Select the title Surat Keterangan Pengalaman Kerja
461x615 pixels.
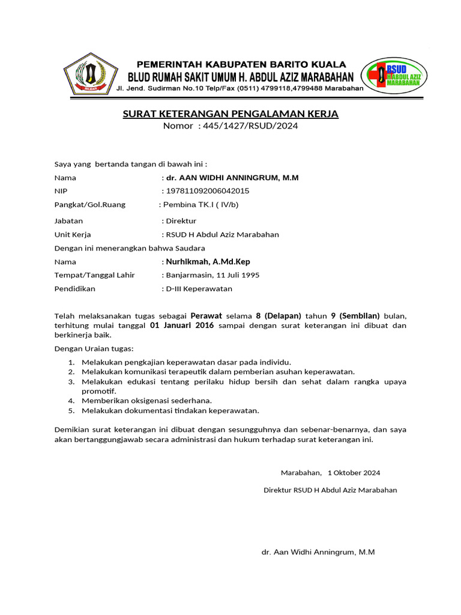coord(230,114)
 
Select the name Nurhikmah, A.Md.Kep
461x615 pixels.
coord(208,262)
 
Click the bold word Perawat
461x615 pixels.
coord(206,315)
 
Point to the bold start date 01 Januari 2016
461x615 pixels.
coord(182,326)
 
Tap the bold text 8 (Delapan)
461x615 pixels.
coord(279,315)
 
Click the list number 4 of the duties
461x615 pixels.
coord(70,401)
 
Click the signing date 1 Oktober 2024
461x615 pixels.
coord(354,473)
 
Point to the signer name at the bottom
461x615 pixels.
coord(318,552)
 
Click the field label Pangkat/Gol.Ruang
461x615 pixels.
coord(90,204)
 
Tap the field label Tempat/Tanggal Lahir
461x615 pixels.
coord(95,275)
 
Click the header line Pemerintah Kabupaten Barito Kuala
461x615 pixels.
coord(241,64)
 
